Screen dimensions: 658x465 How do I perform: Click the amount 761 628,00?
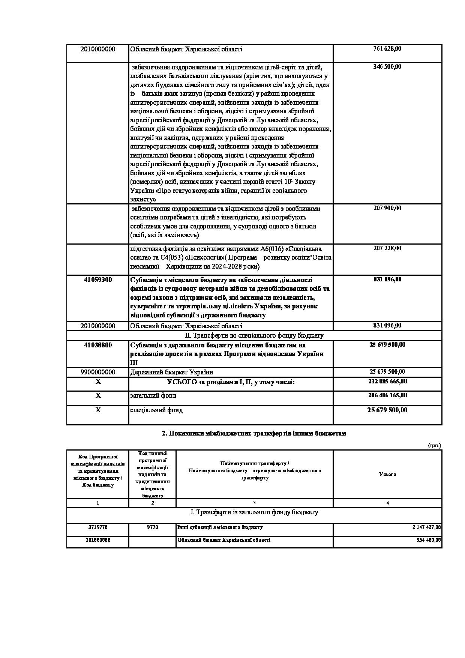coord(387,49)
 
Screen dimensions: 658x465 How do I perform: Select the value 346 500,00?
coord(387,67)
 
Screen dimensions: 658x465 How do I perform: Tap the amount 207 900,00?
coord(387,208)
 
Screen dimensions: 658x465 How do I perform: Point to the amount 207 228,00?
coord(387,248)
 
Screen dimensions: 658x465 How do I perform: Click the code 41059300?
coord(98,279)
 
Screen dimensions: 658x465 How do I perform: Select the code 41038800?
coord(98,345)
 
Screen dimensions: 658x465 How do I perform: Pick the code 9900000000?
coord(98,372)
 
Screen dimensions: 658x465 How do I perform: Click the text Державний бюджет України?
coord(171,372)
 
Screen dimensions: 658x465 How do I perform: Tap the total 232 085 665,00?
coord(387,382)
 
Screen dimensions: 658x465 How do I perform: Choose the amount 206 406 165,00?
coord(387,395)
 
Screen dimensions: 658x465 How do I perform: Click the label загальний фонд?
coord(153,395)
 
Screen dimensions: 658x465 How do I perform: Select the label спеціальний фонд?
coord(156,410)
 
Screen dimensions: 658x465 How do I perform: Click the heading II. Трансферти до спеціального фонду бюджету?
coord(254,335)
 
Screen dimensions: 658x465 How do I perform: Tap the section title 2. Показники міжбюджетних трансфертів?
coord(254,433)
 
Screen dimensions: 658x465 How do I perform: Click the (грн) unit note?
coord(434,445)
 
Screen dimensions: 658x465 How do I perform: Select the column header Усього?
coord(387,474)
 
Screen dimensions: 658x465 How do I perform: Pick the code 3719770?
coord(98,527)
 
